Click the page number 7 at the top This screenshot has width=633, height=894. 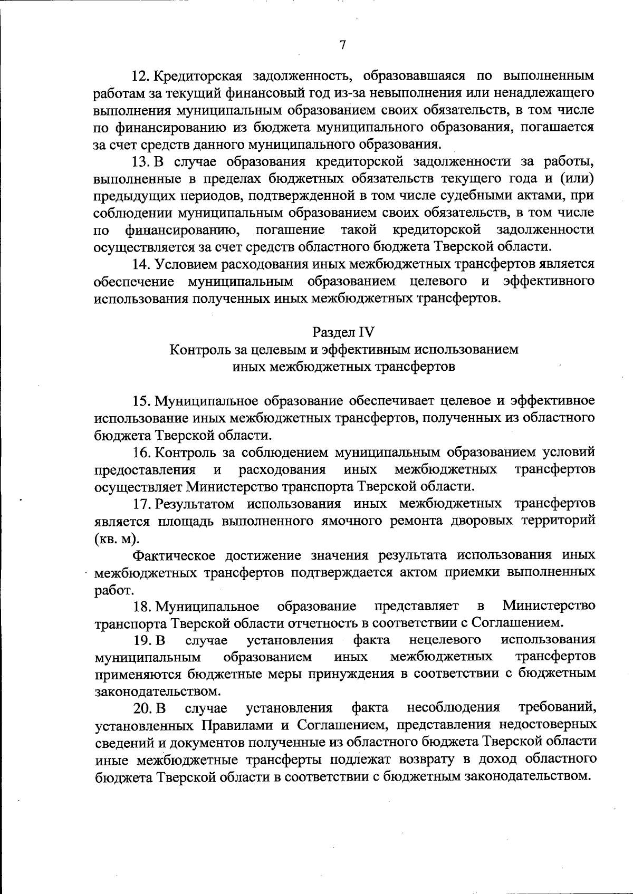(x=342, y=45)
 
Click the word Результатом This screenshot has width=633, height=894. (x=195, y=504)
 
